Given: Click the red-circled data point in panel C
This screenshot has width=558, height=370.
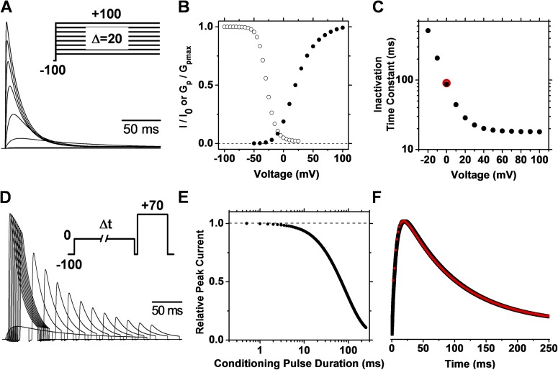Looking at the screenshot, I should coord(446,84).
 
